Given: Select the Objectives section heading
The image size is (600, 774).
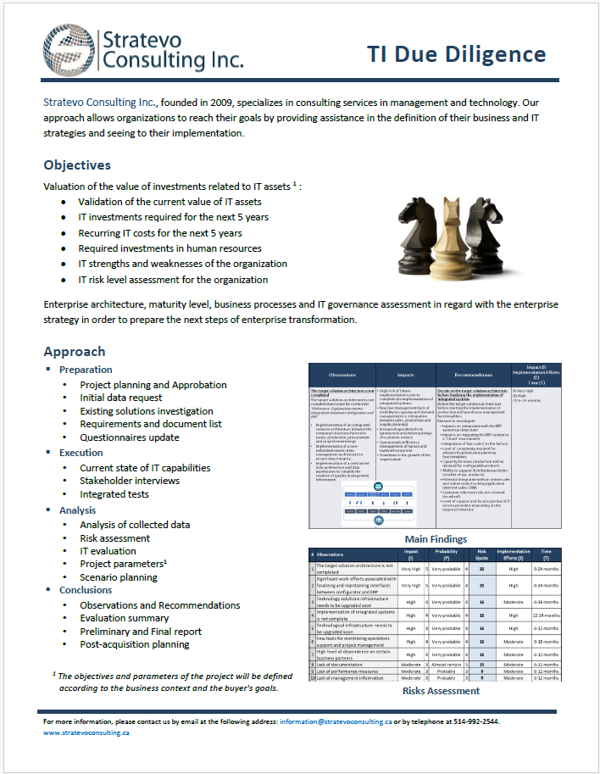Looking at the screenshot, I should [x=77, y=165].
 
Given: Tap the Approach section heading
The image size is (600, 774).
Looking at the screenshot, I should [x=75, y=351].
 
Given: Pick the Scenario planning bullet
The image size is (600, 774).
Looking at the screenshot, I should [x=119, y=577].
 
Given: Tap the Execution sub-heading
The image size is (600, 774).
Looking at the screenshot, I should [x=81, y=453].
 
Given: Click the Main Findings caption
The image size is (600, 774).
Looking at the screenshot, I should [x=435, y=539].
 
